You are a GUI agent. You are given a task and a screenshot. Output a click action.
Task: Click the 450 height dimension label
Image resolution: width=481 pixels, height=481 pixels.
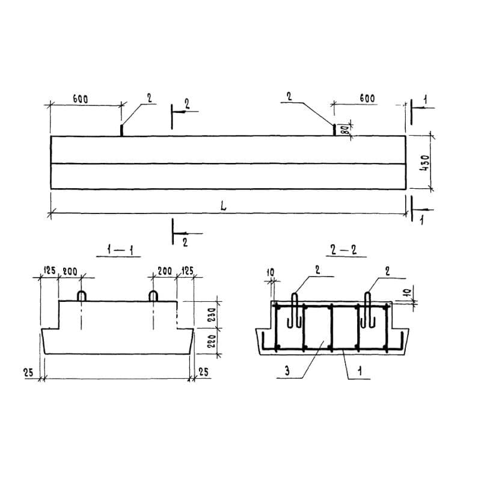(425, 162)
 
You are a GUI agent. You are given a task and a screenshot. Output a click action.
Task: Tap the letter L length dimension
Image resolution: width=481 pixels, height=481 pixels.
(224, 206)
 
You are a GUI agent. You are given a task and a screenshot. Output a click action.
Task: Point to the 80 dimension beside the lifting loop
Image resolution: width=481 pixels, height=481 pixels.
(345, 130)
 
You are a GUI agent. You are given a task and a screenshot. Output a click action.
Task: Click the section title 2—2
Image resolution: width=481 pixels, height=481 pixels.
(344, 251)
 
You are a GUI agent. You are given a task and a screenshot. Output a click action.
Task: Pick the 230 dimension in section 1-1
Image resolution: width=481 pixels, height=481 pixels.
(212, 314)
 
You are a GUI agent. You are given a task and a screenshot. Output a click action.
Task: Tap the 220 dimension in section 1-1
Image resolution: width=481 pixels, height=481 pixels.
(212, 341)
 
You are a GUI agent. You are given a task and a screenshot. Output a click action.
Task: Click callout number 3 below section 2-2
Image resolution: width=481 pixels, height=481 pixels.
(287, 371)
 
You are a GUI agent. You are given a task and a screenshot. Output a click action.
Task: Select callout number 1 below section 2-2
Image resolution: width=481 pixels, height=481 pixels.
(360, 371)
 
